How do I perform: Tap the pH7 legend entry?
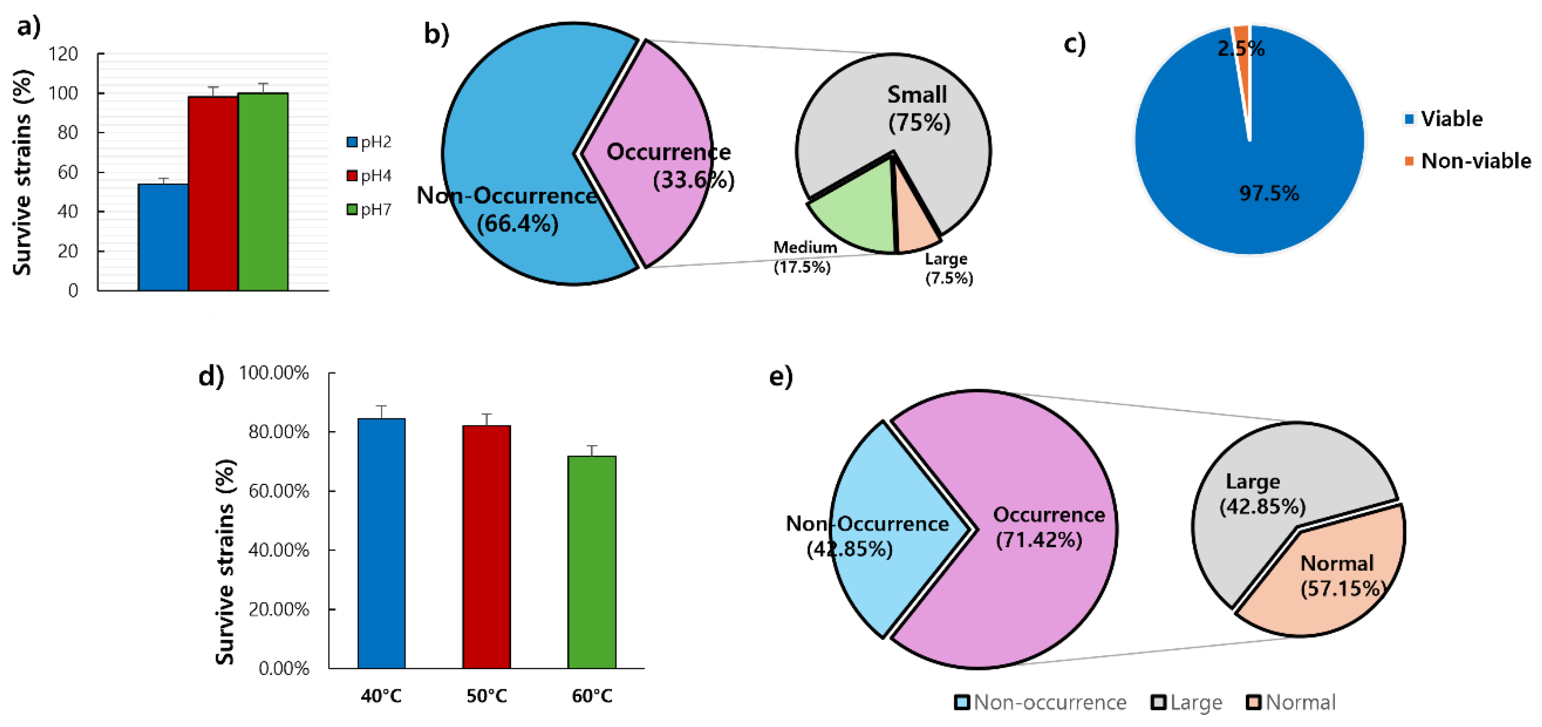[369, 209]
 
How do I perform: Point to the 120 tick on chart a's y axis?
[64, 55]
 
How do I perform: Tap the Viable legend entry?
[1444, 119]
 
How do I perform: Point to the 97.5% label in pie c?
[1269, 193]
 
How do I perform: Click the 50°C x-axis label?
[487, 696]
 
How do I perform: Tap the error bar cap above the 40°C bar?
[381, 406]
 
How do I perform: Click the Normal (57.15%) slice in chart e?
[1335, 586]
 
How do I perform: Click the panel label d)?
[211, 376]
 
